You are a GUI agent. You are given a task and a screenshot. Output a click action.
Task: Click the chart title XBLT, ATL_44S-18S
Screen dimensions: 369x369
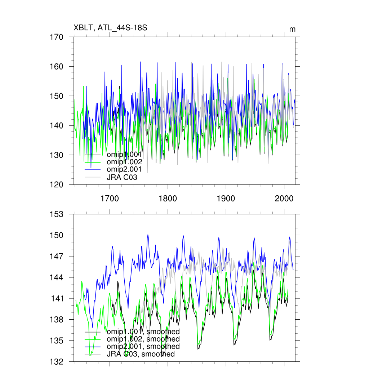(110, 28)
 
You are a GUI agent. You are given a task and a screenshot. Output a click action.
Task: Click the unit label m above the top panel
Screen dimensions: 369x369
(293, 29)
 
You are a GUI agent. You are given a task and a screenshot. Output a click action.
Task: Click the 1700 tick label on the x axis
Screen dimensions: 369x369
(110, 198)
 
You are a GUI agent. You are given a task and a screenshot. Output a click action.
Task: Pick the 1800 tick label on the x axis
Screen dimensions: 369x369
(168, 198)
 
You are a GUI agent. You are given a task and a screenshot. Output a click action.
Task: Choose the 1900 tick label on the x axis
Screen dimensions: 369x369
(226, 198)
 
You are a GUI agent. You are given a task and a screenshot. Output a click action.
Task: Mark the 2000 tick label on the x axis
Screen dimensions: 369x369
(284, 198)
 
